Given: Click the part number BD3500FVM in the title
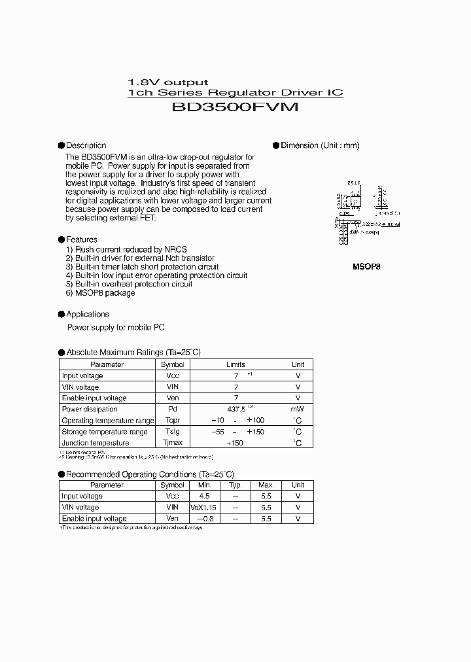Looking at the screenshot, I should [235, 107].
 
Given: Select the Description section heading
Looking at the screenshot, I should [86, 145].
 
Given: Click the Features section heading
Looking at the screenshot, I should [82, 239].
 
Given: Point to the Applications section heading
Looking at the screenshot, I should [88, 314].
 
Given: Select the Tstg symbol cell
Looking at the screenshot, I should [173, 432].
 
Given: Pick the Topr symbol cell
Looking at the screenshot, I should [173, 421].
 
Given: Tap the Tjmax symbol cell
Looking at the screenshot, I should [173, 443].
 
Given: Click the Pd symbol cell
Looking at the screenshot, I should [173, 409].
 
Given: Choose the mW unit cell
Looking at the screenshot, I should [298, 409].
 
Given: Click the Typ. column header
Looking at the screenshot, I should [235, 485].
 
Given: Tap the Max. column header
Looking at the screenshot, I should [266, 485].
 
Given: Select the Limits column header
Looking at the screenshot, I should [235, 364].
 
